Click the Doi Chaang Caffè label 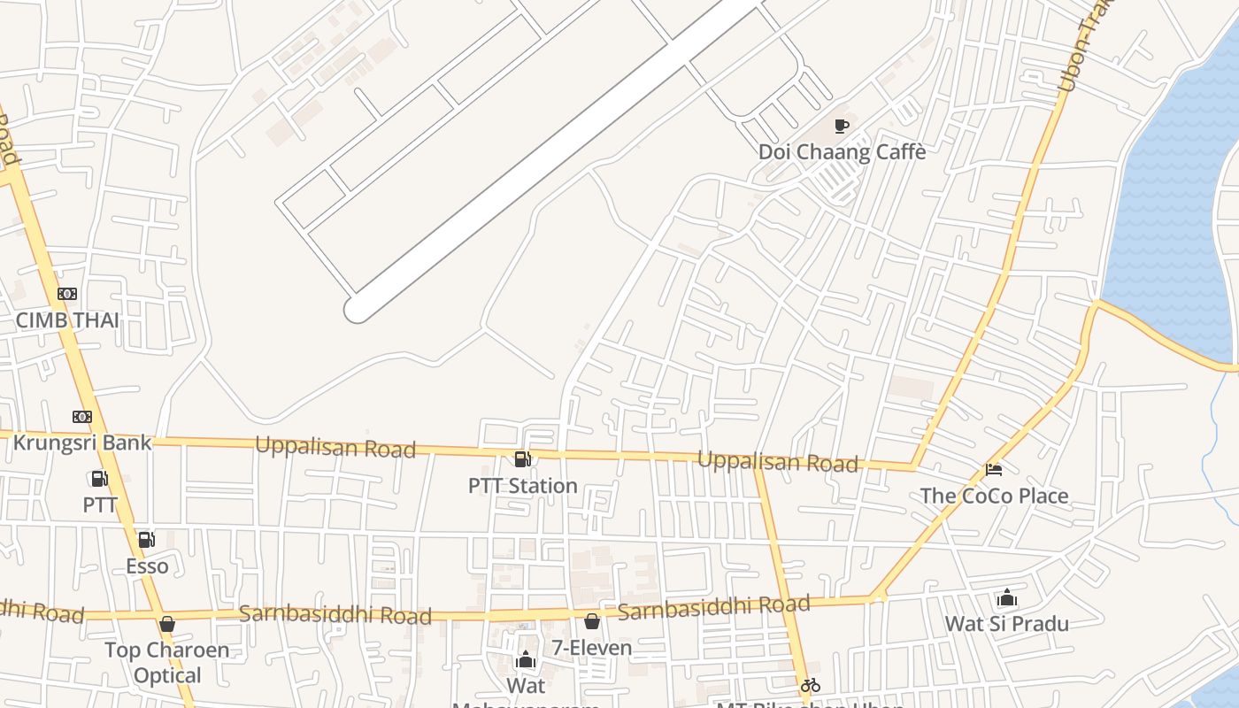click(842, 151)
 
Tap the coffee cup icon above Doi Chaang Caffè click(842, 127)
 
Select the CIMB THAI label click(67, 319)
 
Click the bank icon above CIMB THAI click(67, 294)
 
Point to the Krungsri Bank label click(82, 442)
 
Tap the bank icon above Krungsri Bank click(82, 416)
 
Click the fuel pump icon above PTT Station click(523, 459)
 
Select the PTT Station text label click(523, 485)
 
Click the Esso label click(147, 566)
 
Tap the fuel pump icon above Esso click(146, 540)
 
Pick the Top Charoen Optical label click(166, 662)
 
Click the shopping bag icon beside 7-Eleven click(591, 622)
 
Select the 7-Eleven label click(592, 648)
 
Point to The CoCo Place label click(994, 496)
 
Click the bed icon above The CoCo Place click(994, 470)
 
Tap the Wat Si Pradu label click(1006, 623)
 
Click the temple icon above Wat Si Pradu click(1006, 598)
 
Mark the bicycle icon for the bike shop click(810, 684)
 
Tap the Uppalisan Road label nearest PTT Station click(335, 447)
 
